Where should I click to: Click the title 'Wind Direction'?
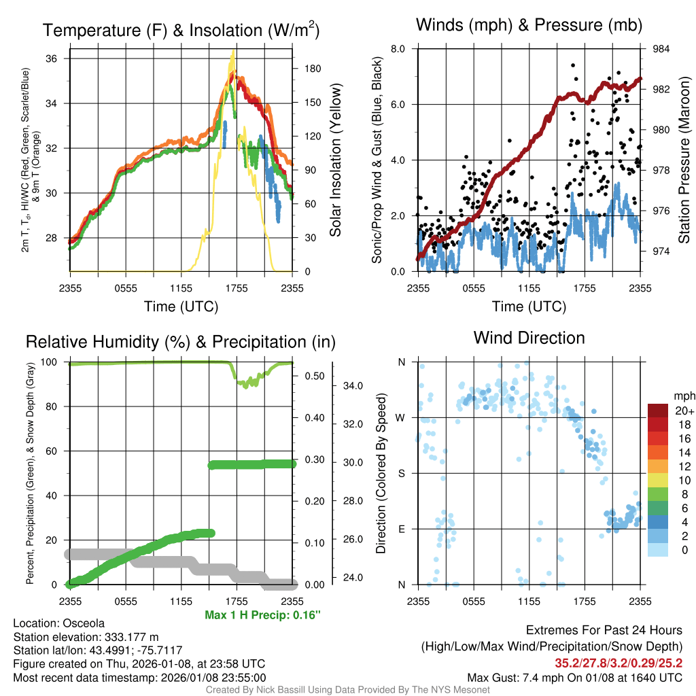tap(529, 338)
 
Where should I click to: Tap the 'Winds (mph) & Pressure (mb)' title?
tap(529, 25)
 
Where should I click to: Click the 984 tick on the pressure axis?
tap(661, 49)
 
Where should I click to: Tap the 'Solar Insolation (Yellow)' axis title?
tap(335, 160)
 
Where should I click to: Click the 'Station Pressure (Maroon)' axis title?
tap(684, 160)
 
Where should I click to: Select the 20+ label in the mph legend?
tap(683, 411)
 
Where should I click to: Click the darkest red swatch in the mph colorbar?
tap(659, 411)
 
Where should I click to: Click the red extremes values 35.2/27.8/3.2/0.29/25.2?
tap(619, 662)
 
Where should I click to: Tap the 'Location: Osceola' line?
tap(59, 623)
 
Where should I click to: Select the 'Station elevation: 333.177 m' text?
tap(86, 637)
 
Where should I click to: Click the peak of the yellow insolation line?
tap(233, 51)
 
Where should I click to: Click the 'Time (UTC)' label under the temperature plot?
tap(181, 307)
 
